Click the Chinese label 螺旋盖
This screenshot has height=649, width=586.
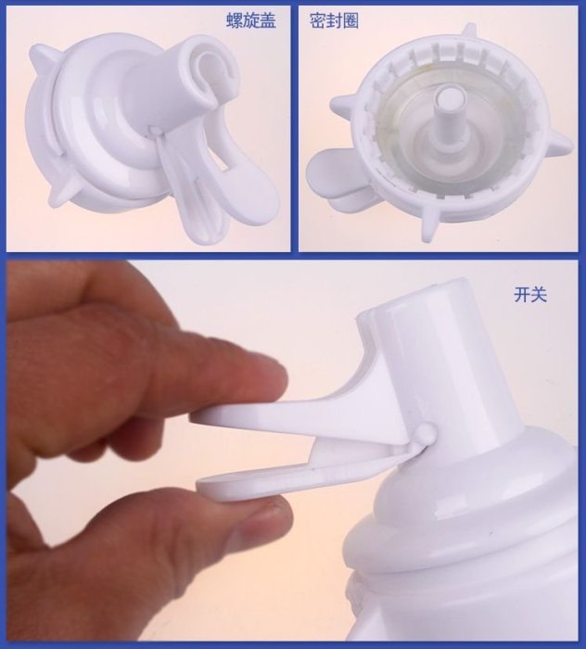[250, 20]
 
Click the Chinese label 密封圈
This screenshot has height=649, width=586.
[334, 20]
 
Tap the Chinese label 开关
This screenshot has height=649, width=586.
[530, 295]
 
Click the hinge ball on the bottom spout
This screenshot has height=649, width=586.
[427, 433]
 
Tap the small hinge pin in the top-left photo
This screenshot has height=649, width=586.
[155, 132]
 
